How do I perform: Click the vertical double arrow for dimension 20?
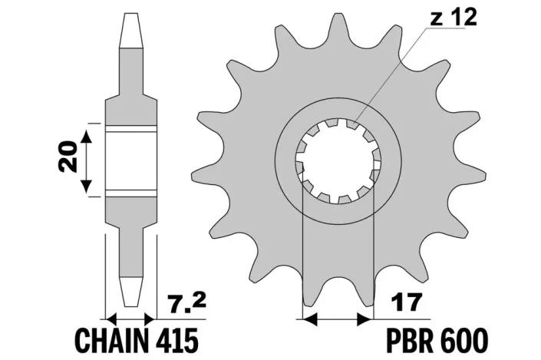pos(88,160)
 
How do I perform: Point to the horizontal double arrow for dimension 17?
pos(338,318)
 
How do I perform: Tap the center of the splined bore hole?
pos(338,160)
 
